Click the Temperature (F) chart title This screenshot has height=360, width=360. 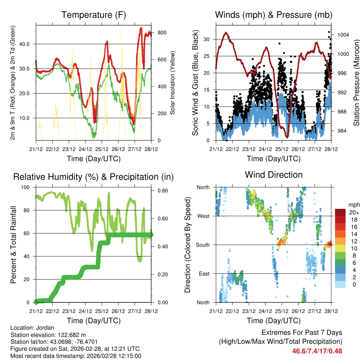tap(94, 15)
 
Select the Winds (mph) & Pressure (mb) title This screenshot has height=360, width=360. tap(274, 15)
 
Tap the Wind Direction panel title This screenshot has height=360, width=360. tap(274, 175)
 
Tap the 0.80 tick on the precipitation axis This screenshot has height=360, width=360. tap(160, 191)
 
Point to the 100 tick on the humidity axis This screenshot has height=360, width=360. tap(27, 187)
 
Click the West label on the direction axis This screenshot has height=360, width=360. tap(204, 216)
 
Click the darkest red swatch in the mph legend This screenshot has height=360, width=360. tap(340, 212)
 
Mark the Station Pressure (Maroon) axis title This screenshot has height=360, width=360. tap(356, 83)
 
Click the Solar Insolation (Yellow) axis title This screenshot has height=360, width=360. tap(172, 83)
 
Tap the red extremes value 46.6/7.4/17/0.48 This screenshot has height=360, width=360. tap(317, 351)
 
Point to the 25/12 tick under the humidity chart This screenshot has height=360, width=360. tap(102, 311)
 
